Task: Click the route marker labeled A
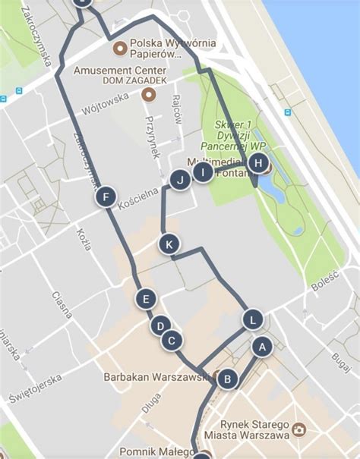(x=262, y=347)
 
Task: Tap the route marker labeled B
(x=227, y=379)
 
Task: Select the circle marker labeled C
(x=172, y=341)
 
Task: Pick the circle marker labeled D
(x=159, y=326)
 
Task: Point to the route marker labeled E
(x=146, y=299)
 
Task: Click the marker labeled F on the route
(x=106, y=198)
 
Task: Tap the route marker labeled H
(x=258, y=163)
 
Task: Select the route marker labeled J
(x=180, y=180)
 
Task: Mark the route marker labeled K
(x=169, y=244)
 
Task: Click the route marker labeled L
(x=252, y=319)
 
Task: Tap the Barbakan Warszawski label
(x=156, y=376)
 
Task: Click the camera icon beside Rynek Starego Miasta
(x=298, y=430)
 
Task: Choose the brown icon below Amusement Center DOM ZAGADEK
(x=149, y=95)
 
